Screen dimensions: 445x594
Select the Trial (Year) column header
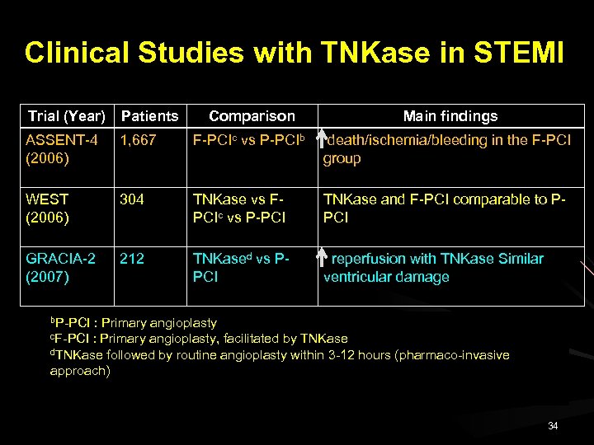pyautogui.click(x=66, y=116)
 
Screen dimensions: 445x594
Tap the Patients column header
pyautogui.click(x=149, y=116)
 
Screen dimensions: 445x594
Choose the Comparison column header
pyautogui.click(x=252, y=116)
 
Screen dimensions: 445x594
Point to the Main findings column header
pyautogui.click(x=450, y=116)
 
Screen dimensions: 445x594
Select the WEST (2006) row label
pyautogui.click(x=48, y=208)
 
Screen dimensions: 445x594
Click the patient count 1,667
pyautogui.click(x=138, y=140)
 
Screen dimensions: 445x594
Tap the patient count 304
pyautogui.click(x=132, y=199)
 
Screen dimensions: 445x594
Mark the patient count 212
pyautogui.click(x=132, y=259)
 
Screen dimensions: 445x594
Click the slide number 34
pyautogui.click(x=553, y=425)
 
